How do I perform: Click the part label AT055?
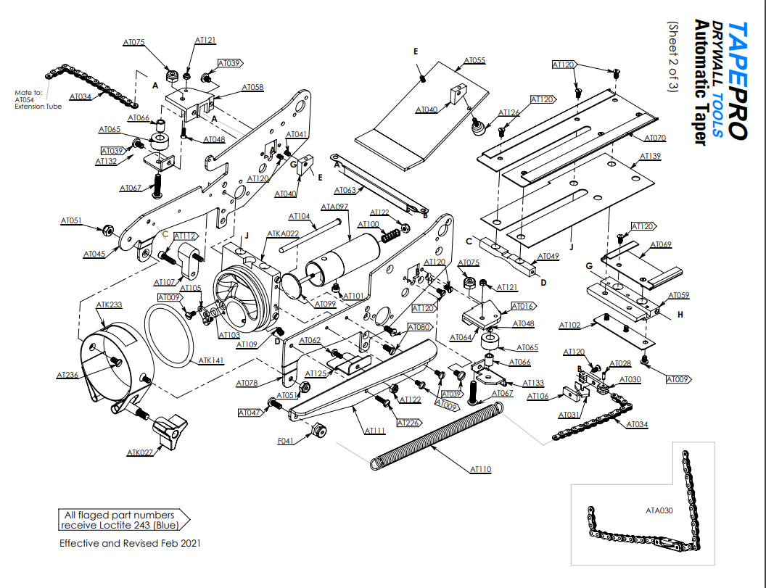pos(474,60)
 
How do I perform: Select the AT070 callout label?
pos(655,137)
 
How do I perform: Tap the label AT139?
pos(651,156)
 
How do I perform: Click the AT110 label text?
pos(481,470)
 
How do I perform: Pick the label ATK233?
pos(109,305)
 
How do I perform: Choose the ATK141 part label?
pos(212,360)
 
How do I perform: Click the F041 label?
pos(286,441)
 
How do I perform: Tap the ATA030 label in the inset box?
pos(659,510)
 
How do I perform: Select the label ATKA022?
pos(283,233)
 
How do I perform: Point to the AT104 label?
pos(300,216)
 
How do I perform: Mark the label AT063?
pos(345,191)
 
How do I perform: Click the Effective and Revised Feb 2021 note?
pos(130,543)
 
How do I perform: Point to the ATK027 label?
pos(140,453)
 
